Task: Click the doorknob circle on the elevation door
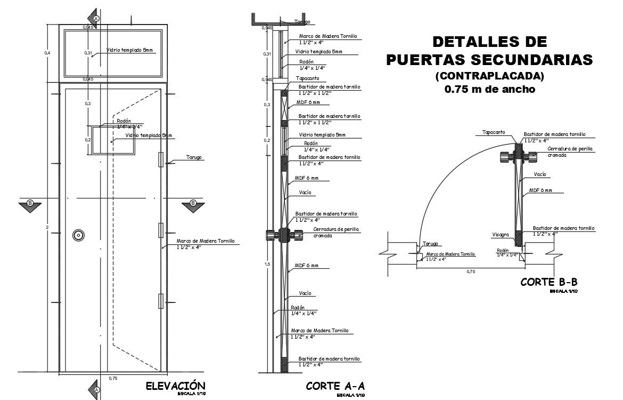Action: coord(79,235)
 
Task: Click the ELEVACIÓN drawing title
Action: coord(175,386)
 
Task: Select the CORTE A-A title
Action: coord(335,386)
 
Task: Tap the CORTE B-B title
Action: coord(549,282)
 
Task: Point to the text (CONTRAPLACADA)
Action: coord(489,76)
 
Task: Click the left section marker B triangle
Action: coord(30,204)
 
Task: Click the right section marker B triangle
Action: coord(193,204)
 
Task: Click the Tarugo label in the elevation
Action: coord(194,157)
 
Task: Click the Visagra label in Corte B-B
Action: coord(501,234)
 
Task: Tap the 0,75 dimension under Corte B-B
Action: coord(471,272)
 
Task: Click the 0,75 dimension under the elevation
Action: coord(113,378)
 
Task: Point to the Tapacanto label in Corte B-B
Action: coord(494,132)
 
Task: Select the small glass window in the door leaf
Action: coord(112,140)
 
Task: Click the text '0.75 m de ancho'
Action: coord(489,90)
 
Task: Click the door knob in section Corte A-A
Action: coord(283,235)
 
